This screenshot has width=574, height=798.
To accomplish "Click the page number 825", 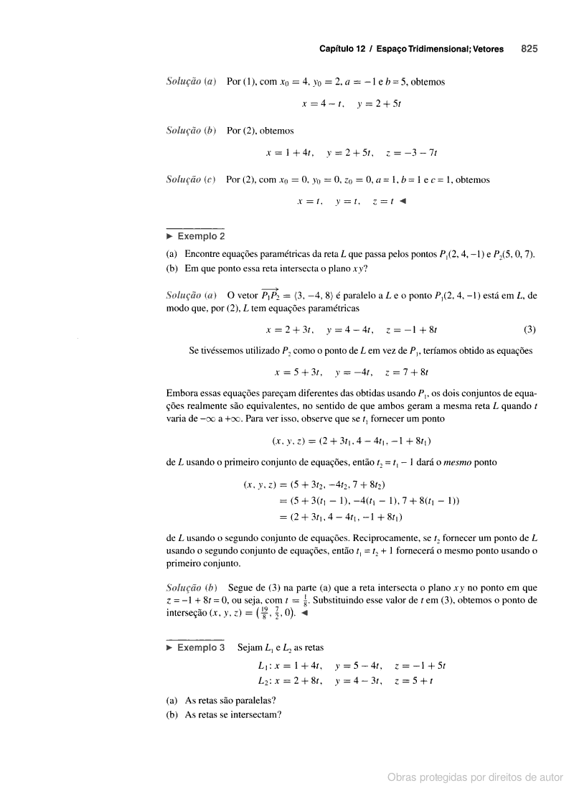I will click(x=530, y=49).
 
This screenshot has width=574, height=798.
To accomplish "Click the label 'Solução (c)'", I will click(x=192, y=179).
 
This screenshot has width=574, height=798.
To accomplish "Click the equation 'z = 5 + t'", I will click(x=425, y=680).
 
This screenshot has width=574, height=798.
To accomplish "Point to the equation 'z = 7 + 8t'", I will click(x=407, y=372).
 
